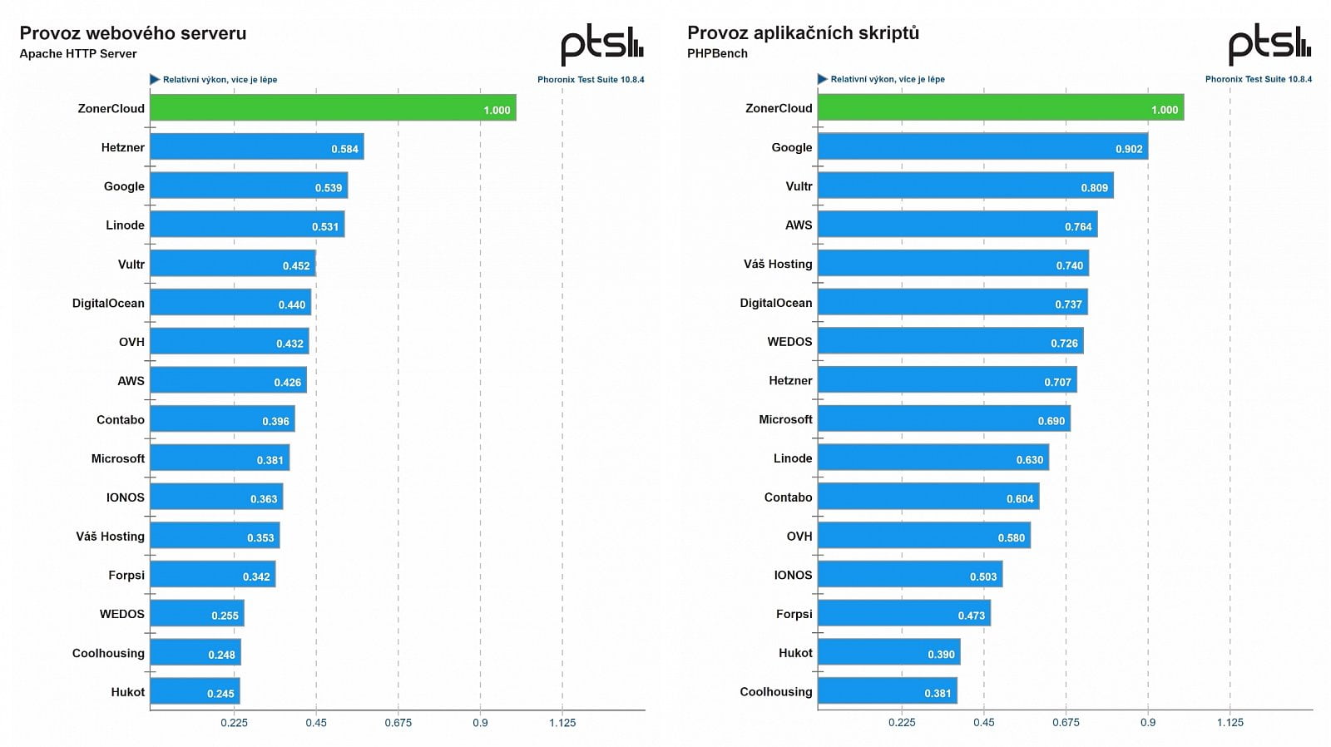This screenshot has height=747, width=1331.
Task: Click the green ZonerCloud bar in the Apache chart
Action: (333, 107)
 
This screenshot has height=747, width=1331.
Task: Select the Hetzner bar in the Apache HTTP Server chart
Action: (256, 146)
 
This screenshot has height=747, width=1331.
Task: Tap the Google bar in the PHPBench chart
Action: (982, 146)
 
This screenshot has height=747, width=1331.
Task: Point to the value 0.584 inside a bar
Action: (344, 149)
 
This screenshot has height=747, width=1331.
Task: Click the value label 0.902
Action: (1129, 149)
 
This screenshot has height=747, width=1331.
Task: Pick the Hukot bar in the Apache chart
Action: (195, 691)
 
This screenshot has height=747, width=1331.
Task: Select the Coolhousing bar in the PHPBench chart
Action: (887, 691)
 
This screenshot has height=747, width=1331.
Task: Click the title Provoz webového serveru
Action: (133, 33)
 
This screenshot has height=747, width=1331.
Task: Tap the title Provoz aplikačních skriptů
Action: (803, 33)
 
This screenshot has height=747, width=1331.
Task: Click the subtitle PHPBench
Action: (717, 53)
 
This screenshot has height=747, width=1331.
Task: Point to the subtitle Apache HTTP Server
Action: (78, 53)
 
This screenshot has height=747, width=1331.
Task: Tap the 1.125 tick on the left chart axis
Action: (562, 722)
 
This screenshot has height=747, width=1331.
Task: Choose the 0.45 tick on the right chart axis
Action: (983, 722)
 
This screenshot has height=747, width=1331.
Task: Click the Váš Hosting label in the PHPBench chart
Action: (778, 264)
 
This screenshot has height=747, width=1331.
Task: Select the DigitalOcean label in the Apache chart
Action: (108, 303)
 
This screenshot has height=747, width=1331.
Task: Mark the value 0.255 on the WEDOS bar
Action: (225, 616)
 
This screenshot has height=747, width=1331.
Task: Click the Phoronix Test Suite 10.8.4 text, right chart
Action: (1258, 79)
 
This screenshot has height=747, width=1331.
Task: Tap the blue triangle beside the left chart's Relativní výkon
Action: (155, 79)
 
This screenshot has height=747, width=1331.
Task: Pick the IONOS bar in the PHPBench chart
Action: (909, 574)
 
